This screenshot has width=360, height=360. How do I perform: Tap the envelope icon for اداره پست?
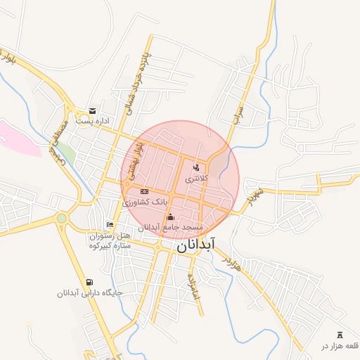pos(92,111)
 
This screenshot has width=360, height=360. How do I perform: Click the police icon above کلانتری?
pos(195,167)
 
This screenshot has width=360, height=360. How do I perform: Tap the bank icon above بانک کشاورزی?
pos(144,191)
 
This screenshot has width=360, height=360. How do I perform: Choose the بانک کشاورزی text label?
pos(146,202)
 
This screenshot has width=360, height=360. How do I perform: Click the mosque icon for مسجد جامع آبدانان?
pos(170,217)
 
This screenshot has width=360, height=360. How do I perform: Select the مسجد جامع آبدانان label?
pos(170,228)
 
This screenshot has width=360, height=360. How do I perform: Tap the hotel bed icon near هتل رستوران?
pos(109,225)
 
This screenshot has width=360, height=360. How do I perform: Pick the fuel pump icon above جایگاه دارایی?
pos(89,281)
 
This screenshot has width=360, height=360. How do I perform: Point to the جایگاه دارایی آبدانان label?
pos(89,292)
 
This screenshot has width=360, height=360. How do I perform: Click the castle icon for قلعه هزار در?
pos(341,333)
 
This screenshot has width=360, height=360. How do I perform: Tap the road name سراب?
pos(239,111)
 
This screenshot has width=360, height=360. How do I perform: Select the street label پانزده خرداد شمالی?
pos(131,77)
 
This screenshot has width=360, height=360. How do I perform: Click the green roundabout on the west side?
pos(62,219)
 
